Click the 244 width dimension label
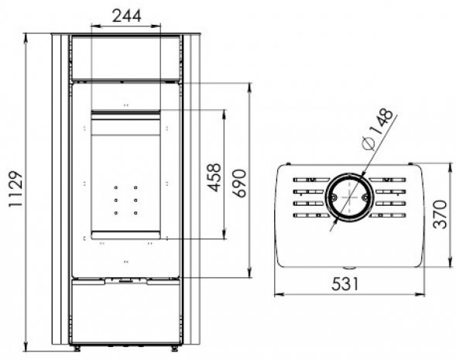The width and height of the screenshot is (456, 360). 126,16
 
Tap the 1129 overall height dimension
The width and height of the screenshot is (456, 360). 15,190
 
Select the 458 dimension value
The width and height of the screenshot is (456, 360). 214,178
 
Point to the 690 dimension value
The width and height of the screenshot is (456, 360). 239,183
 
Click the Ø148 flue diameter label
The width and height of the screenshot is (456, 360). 378,129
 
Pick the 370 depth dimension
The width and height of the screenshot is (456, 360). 440,214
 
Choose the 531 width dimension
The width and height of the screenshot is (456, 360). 345,284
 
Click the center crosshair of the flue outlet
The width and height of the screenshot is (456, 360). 349,197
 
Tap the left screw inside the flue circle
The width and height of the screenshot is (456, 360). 333,197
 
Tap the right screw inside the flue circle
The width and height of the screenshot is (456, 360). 365,197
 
